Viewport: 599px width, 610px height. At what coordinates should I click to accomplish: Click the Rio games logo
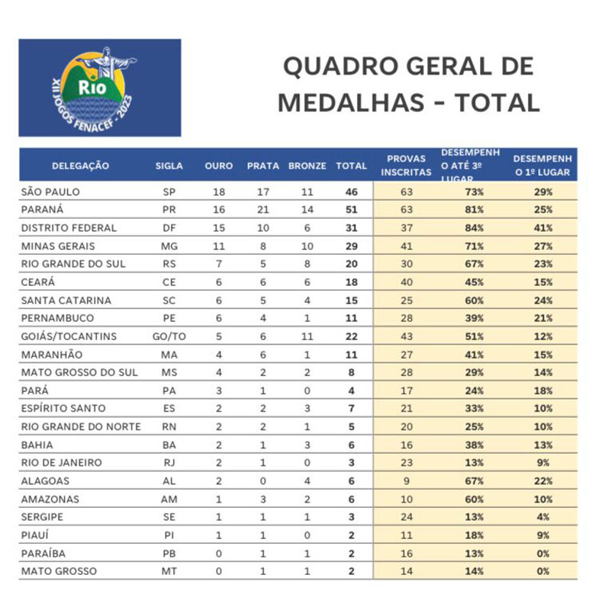(x=100, y=88)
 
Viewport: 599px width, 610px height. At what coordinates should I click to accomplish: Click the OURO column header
(x=219, y=165)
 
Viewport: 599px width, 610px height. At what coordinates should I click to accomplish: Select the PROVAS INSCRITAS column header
(x=406, y=165)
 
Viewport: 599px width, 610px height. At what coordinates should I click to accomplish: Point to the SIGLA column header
(x=169, y=165)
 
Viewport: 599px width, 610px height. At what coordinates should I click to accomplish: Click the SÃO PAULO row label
(x=51, y=191)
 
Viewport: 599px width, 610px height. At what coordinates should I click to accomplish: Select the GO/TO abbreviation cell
(x=169, y=336)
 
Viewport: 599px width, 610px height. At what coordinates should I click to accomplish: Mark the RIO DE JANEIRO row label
(x=61, y=462)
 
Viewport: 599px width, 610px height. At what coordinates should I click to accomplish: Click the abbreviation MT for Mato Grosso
(x=169, y=570)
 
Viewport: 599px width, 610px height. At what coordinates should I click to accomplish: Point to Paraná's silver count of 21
(x=262, y=210)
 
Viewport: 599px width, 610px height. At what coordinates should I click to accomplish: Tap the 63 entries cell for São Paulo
(x=406, y=191)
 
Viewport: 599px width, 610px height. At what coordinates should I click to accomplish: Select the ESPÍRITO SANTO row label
(x=63, y=408)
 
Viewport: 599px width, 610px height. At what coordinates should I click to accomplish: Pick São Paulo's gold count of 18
(x=218, y=191)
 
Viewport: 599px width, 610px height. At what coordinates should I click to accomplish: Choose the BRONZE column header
(x=308, y=165)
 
